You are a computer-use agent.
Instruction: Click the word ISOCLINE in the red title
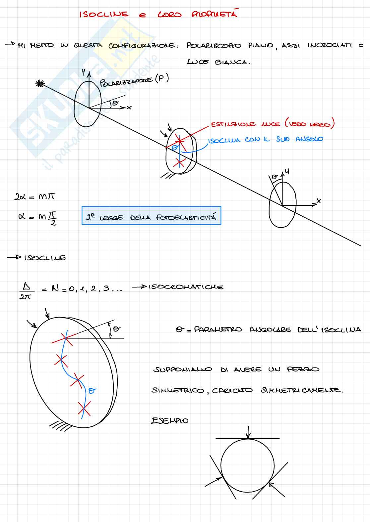pyautogui.click(x=104, y=14)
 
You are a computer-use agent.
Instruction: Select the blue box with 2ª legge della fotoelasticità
pyautogui.click(x=151, y=216)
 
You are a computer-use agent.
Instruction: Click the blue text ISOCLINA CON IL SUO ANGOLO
pyautogui.click(x=265, y=140)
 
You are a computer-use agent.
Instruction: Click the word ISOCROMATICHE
pyautogui.click(x=186, y=287)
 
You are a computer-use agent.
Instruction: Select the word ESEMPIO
pyautogui.click(x=170, y=421)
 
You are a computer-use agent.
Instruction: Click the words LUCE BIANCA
pyautogui.click(x=218, y=62)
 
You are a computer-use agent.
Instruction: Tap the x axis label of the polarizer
pyautogui.click(x=129, y=108)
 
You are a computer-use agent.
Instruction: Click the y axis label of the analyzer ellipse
pyautogui.click(x=287, y=172)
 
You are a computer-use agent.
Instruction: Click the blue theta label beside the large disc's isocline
pyautogui.click(x=92, y=391)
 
